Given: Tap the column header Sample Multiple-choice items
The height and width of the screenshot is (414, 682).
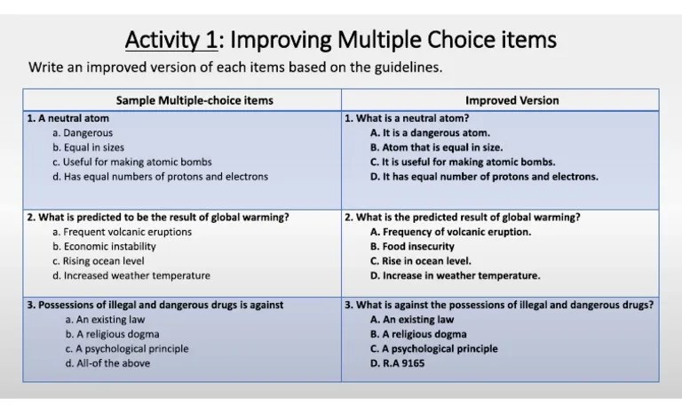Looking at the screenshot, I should (x=183, y=100).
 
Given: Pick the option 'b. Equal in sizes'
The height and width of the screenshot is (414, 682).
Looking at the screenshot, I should (x=88, y=147).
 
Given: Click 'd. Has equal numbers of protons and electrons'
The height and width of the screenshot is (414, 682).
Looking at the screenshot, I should (x=160, y=176).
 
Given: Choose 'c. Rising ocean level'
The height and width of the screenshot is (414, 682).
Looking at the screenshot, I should (x=99, y=261).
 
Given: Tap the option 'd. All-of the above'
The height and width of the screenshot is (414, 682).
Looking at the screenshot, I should (x=107, y=362).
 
